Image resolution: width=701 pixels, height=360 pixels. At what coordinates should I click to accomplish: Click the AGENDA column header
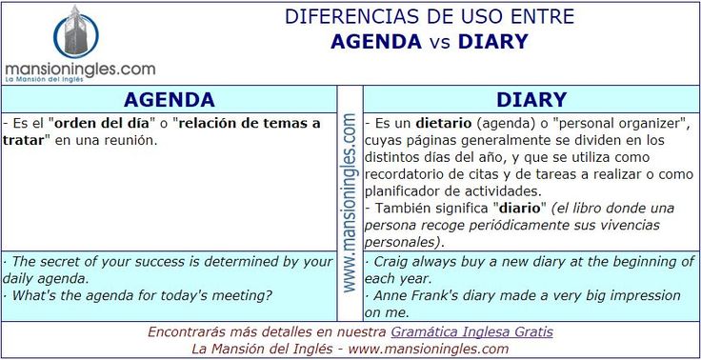170,99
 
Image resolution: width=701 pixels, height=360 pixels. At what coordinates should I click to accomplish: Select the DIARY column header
531,99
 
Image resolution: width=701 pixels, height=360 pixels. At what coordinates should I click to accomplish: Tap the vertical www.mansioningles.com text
350,202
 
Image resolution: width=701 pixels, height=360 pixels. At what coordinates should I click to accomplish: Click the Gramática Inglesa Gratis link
471,332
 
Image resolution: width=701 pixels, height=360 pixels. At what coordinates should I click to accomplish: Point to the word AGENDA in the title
376,41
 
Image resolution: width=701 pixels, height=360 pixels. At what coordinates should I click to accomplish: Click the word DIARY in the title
492,41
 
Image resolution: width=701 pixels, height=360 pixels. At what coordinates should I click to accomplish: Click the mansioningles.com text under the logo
80,69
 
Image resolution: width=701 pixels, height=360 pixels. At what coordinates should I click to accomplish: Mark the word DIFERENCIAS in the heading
342,17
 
